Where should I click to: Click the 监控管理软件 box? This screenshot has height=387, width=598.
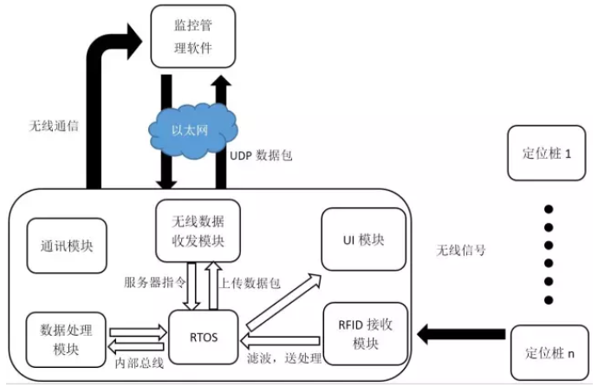pyautogui.click(x=193, y=36)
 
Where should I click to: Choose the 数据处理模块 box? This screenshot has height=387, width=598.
pyautogui.click(x=66, y=337)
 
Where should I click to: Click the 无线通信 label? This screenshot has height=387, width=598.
pyautogui.click(x=54, y=125)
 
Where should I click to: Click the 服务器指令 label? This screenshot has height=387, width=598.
pyautogui.click(x=153, y=282)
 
